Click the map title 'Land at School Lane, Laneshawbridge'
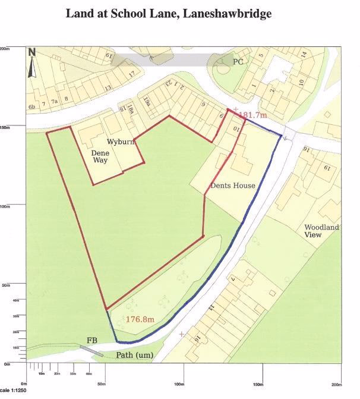pyautogui.click(x=169, y=13)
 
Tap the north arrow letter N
pyautogui.click(x=32, y=52)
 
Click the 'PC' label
pyautogui.click(x=238, y=61)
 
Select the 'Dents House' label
pyautogui.click(x=234, y=186)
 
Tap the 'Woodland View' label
pyautogui.click(x=321, y=231)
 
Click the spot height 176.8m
pyautogui.click(x=140, y=319)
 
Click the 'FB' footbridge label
pyautogui.click(x=92, y=341)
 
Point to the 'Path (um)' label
pyautogui.click(x=134, y=356)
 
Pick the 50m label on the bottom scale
pyautogui.click(x=102, y=384)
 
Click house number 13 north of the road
pyautogui.click(x=108, y=88)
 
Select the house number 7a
pyautogui.click(x=55, y=102)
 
